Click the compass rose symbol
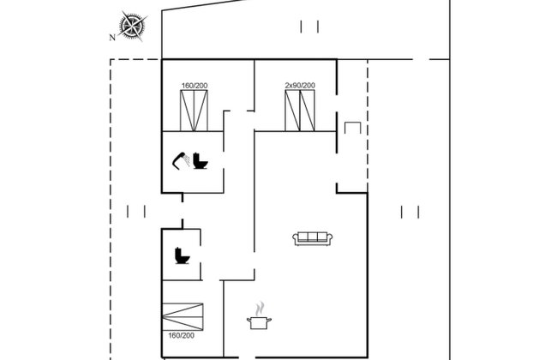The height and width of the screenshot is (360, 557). coord(133,26)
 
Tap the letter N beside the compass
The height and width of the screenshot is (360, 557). coord(112,38)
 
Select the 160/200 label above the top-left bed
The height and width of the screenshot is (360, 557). coord(195,86)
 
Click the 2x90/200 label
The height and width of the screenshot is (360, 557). coord(300,86)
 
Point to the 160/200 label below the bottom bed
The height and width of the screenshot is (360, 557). coord(181,335)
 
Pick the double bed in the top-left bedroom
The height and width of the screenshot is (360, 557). coord(194,111)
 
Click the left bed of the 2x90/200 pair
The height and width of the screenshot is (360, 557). coord(292,111)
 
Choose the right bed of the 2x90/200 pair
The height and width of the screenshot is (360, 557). coord(308,111)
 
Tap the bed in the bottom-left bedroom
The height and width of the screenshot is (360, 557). coord(183,316)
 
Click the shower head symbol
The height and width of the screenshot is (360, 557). coord(181,160)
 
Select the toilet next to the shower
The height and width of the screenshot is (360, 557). coord(201,160)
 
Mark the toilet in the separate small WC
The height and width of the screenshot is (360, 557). coord(183,255)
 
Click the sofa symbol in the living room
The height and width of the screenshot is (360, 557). coord(312,238)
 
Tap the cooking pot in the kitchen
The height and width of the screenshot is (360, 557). coord(259,323)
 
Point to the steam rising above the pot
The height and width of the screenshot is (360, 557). coord(261,309)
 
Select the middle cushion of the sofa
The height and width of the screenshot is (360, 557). coord(312,237)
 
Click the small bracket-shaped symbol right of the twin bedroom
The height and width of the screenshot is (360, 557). coord(352,128)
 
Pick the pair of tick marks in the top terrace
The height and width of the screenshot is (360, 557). coord(309,27)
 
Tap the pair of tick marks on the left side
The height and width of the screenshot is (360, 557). coord(136,212)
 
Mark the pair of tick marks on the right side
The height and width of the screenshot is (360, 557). coord(410,212)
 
